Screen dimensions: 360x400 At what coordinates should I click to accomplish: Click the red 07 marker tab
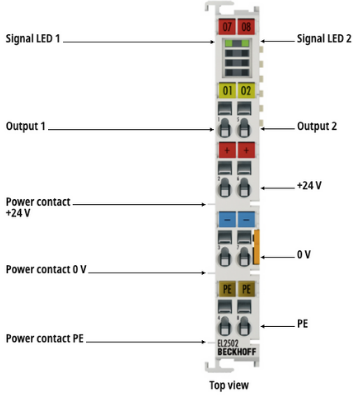point(227,26)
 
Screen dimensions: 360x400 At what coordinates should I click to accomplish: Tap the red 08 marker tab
point(246,26)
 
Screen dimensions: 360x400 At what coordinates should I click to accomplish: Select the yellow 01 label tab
point(227,90)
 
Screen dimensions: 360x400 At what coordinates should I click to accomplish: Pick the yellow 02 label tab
point(246,90)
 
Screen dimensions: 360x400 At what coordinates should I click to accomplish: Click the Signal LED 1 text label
point(33,39)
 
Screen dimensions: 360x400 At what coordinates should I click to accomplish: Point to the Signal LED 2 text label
point(324,39)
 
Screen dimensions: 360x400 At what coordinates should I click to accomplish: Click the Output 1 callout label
point(25,126)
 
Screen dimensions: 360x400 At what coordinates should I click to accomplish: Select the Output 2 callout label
point(317,126)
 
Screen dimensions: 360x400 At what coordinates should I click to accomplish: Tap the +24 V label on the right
point(309,185)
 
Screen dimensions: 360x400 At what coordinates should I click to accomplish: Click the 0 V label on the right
point(303,255)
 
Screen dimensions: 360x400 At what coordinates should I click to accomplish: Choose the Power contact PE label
point(45,339)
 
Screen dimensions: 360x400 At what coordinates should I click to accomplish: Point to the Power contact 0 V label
point(46,269)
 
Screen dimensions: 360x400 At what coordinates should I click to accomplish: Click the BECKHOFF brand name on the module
point(237,352)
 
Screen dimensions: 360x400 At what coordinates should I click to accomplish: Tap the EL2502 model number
point(228,343)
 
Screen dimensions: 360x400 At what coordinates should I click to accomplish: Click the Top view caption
point(229,385)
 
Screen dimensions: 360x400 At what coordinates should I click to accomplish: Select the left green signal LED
point(229,43)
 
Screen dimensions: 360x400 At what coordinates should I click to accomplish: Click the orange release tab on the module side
point(256,247)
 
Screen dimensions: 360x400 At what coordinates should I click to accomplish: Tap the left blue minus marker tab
point(227,220)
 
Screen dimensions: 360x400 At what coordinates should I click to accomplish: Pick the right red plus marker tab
point(246,150)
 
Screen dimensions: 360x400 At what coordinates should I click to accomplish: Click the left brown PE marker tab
point(227,289)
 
